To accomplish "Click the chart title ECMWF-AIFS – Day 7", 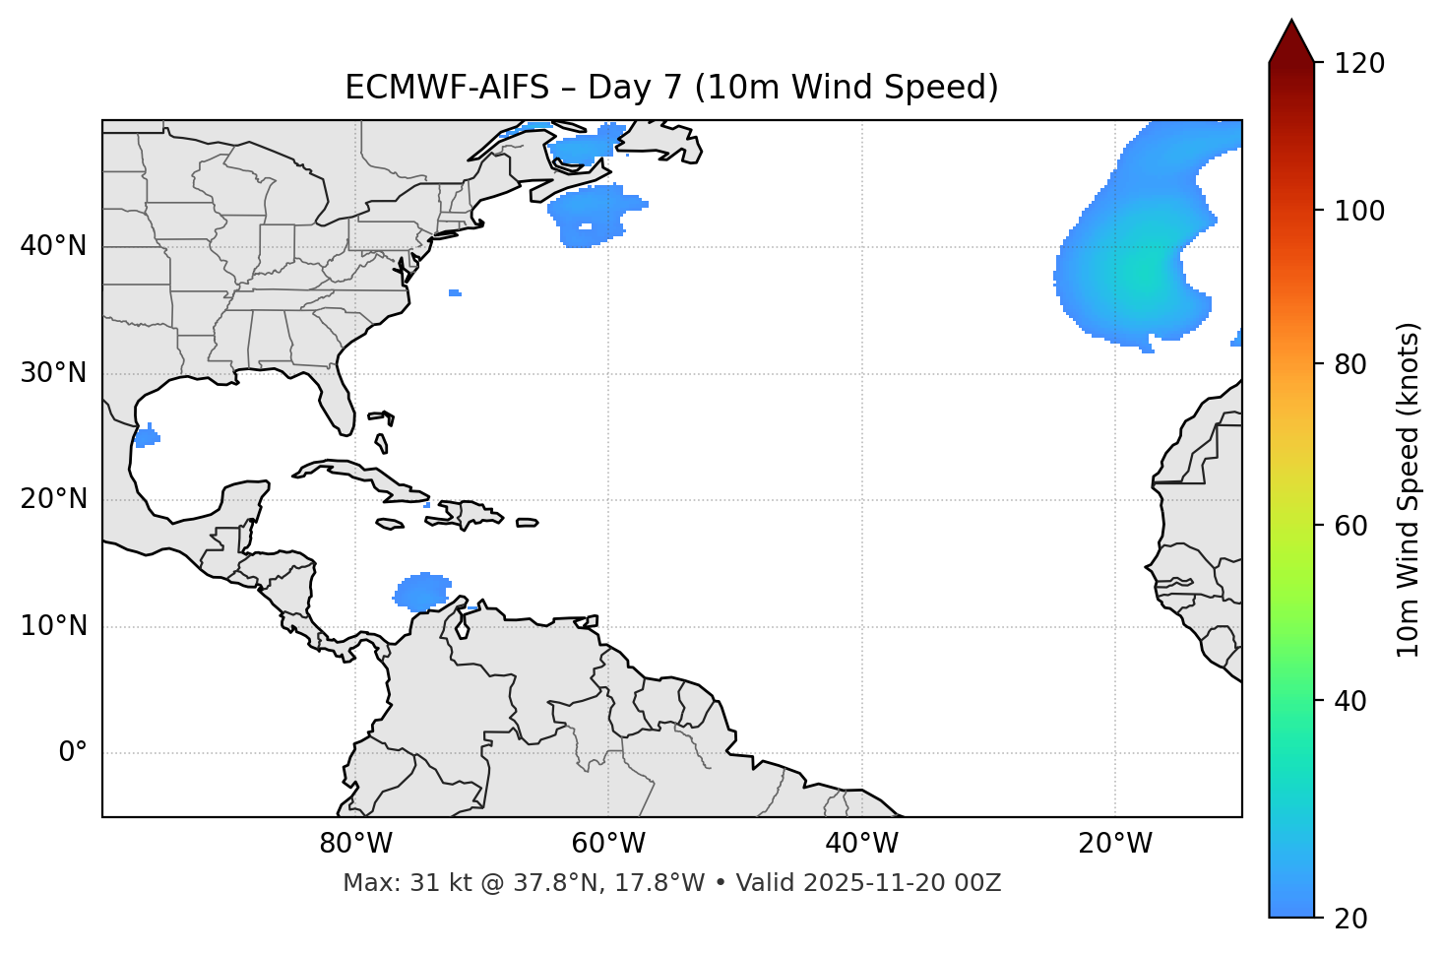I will (x=671, y=88).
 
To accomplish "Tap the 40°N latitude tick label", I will (x=53, y=246).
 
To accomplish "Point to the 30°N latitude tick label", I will (x=53, y=373).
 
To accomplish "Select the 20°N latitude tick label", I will (x=53, y=499).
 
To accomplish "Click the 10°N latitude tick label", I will (x=53, y=626).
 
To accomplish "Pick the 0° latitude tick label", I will (x=73, y=753).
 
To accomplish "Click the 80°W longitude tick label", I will (x=355, y=844).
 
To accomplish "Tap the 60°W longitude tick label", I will (x=608, y=844).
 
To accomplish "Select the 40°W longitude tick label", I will (x=861, y=844).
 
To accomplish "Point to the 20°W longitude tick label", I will (x=1114, y=844).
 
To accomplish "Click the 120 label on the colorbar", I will (x=1360, y=63).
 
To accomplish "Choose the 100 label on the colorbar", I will (x=1360, y=211).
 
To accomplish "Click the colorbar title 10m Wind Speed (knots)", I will (x=1409, y=489).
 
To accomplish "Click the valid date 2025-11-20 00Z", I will (x=902, y=883).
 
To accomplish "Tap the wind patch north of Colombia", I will (x=423, y=591).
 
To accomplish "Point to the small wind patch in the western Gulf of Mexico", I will (x=147, y=436).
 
